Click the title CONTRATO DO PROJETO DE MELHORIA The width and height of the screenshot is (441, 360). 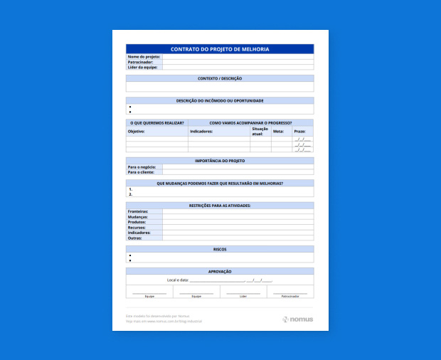pos(220,49)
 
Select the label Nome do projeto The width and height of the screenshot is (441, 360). pos(144,56)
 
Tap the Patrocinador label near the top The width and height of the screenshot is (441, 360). pos(141,62)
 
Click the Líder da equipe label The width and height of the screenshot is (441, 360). pos(142,67)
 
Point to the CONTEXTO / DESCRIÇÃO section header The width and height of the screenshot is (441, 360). pos(220,78)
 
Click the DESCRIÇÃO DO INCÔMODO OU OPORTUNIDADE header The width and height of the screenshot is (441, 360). pos(220,100)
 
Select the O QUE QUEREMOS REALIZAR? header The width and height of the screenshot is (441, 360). pos(156,122)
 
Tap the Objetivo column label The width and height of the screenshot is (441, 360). pos(137,132)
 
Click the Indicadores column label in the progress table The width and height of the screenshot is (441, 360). pos(201,132)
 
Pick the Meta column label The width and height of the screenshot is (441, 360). pos(278,132)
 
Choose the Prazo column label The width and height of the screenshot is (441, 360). pos(299,132)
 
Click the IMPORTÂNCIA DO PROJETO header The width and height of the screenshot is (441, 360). pos(220,161)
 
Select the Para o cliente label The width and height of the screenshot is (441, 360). pos(142,172)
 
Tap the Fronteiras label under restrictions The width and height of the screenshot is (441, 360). pos(138,211)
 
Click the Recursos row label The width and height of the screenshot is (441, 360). pos(137,228)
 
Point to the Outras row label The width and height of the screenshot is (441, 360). pos(135,238)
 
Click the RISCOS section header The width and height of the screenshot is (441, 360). pos(220,249)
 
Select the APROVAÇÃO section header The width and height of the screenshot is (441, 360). pos(220,271)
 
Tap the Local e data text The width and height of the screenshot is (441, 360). pos(178,280)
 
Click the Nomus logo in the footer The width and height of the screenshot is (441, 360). pos(297,319)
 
